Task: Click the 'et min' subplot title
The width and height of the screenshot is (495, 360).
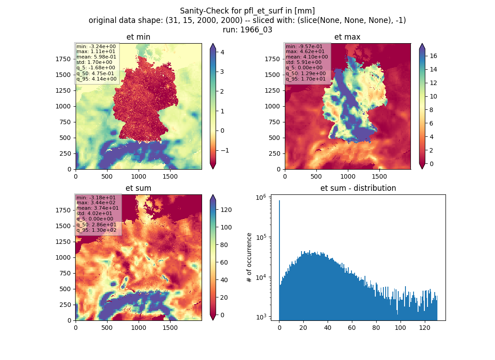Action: point(138,37)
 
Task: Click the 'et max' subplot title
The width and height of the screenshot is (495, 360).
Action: point(347,37)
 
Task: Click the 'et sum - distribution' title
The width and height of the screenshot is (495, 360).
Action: point(358,188)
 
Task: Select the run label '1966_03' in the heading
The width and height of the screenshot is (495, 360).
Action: point(256,30)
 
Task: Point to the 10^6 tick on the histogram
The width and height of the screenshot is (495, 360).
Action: point(261,198)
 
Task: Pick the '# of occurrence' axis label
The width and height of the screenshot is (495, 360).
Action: point(249,258)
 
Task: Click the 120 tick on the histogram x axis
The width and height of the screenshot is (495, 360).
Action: point(425,328)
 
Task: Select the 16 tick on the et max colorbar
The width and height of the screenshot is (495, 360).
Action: point(433,56)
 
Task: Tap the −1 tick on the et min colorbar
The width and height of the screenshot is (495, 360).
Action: point(225,150)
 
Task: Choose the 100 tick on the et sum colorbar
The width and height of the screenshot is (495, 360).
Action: point(226,227)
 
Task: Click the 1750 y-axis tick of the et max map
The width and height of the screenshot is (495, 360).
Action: point(272,59)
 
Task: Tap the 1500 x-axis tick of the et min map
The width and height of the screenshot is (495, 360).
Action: point(170,176)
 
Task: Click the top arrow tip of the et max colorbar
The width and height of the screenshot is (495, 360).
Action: point(422,44)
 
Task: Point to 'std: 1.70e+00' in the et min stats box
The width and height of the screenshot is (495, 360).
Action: point(94,62)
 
